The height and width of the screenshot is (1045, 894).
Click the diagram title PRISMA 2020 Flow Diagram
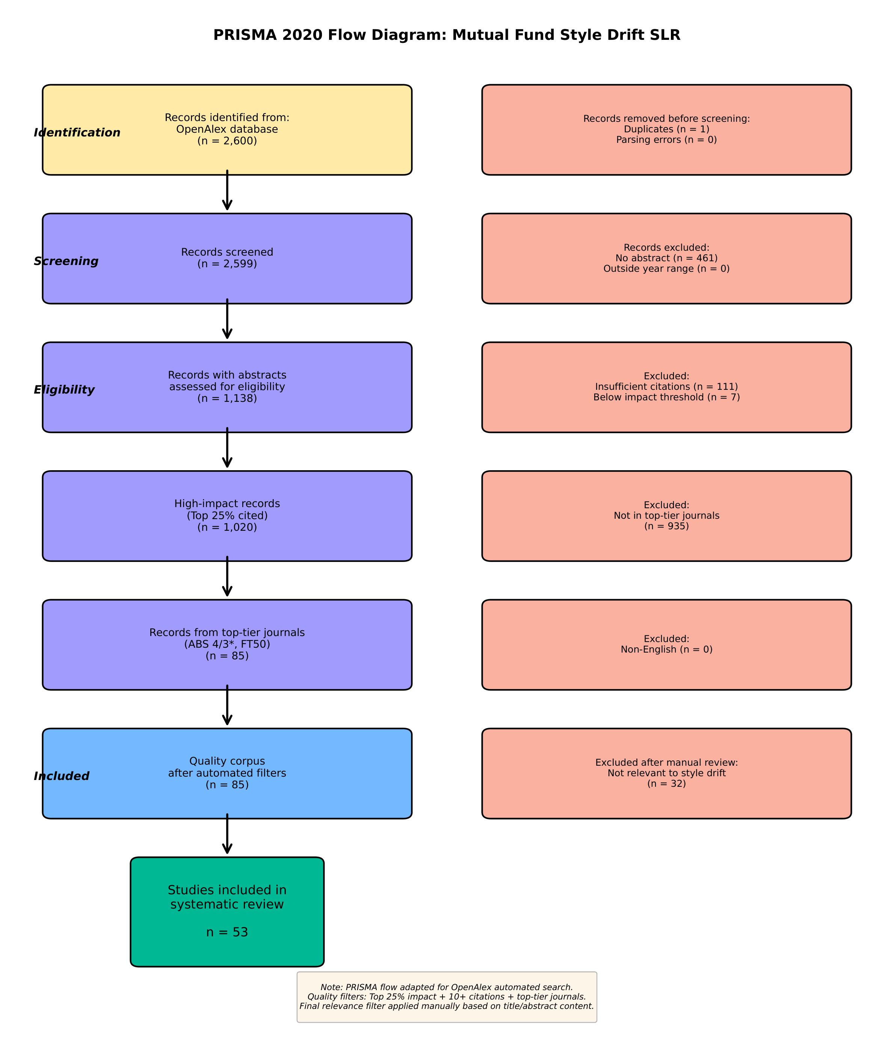coord(447,35)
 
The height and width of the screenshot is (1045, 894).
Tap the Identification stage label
coord(77,133)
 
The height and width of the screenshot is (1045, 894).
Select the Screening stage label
coord(66,261)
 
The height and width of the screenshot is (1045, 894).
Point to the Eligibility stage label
coord(64,390)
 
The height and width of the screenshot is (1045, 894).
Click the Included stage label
coord(62,776)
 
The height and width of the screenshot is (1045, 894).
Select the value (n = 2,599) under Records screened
coord(227,264)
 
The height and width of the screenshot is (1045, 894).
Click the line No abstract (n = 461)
coord(666,258)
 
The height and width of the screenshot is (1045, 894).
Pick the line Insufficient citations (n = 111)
coord(666,387)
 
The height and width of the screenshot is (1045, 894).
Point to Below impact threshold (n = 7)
coord(666,397)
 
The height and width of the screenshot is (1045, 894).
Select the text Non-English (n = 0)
coord(666,650)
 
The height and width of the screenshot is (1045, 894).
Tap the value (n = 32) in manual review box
coord(666,784)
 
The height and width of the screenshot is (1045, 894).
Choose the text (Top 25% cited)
coord(227,516)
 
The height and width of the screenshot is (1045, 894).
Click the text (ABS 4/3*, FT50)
coord(227,645)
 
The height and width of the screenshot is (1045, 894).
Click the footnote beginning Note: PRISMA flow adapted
coord(447,997)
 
